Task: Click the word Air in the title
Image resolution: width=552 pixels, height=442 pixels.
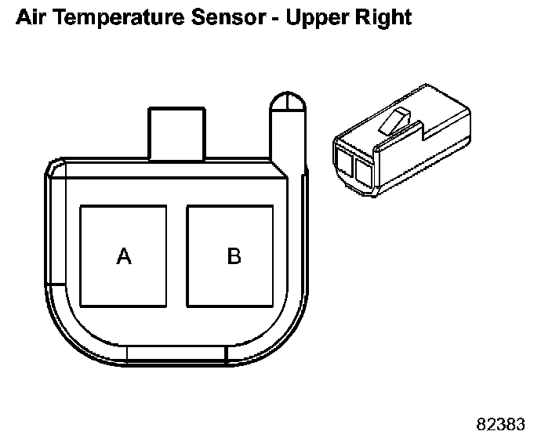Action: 31,17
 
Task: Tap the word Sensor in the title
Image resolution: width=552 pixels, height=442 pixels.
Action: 228,17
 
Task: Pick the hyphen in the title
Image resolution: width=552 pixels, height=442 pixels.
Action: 276,19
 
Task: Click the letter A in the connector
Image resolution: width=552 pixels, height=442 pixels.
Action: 124,255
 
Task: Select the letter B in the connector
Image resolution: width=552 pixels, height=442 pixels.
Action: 234,255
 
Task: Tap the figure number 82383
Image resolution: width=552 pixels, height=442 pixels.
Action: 500,424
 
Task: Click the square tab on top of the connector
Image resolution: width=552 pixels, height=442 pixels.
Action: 176,134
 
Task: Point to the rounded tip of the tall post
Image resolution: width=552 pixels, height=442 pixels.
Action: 288,101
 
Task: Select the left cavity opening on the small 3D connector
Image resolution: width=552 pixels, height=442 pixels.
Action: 345,163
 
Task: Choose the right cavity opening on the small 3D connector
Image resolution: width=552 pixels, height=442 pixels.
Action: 364,173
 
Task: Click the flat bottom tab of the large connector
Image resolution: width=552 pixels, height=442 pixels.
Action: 176,354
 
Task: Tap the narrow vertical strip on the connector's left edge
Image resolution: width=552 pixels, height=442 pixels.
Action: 56,230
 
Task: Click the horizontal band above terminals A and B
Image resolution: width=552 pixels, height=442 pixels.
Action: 169,169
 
